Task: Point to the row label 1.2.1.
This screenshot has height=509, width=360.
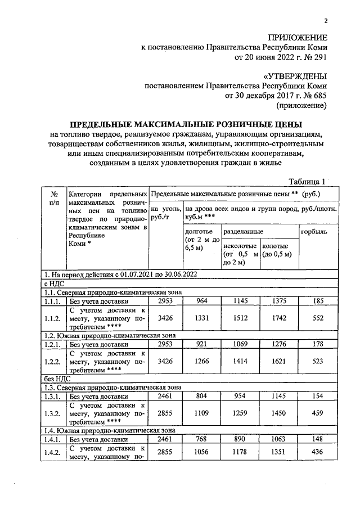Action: pyautogui.click(x=54, y=344)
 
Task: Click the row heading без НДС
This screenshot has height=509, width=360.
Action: pyautogui.click(x=54, y=379)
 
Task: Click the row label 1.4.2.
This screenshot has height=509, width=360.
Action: pyautogui.click(x=54, y=452)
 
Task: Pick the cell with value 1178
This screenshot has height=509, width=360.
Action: pyautogui.click(x=240, y=452)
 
